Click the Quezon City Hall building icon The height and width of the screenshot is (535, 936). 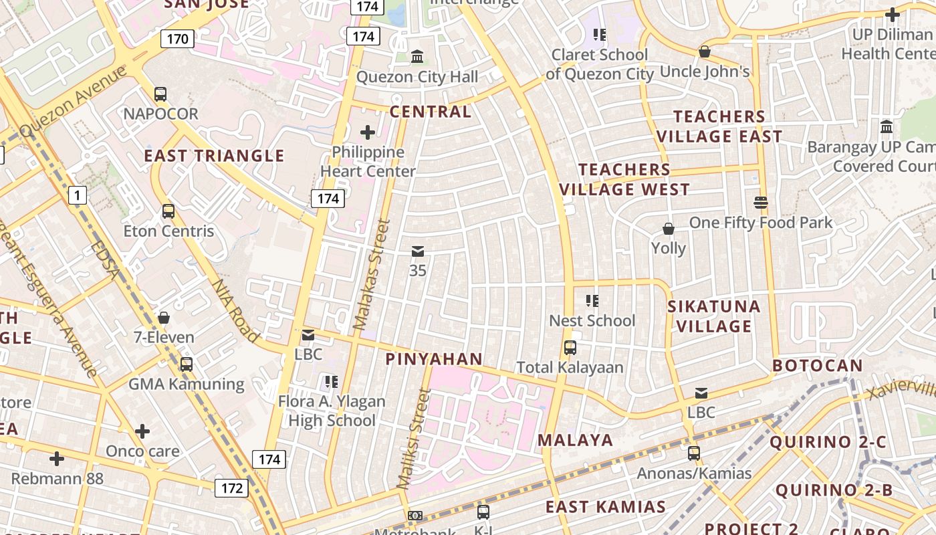[418, 57]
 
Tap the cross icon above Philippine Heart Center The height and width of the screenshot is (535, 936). [368, 132]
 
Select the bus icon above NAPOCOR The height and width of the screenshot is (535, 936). [160, 94]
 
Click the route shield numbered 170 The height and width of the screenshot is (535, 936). [177, 39]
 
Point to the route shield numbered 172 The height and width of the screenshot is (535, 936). [231, 488]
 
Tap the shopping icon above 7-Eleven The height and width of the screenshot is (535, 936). [164, 318]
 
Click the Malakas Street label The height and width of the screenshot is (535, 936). [371, 274]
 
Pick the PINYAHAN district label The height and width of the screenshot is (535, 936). [434, 359]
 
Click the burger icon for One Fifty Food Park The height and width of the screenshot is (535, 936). [760, 202]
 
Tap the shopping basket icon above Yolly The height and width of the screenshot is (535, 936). [668, 229]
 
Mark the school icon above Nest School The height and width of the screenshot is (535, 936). [592, 301]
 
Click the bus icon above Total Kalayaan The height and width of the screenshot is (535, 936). [570, 348]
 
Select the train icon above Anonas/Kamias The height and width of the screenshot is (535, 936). [694, 453]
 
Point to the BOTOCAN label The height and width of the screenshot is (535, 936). [818, 366]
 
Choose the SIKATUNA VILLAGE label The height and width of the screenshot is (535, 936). [714, 316]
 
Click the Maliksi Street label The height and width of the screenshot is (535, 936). [414, 439]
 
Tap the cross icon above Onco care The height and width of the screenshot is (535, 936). [142, 431]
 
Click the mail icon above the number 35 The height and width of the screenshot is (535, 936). [418, 251]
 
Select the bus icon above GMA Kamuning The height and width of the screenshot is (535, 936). [187, 364]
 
